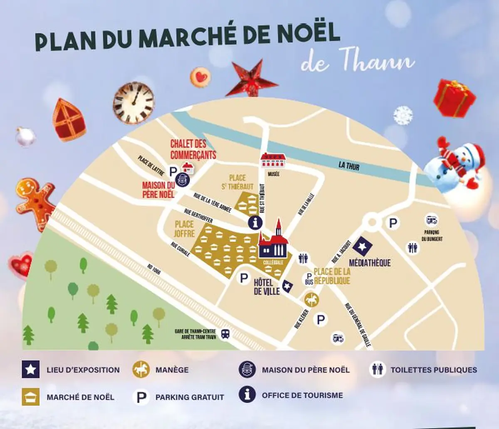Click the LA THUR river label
(x=348, y=166)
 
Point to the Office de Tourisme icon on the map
(x=256, y=222)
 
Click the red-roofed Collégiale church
(x=274, y=244)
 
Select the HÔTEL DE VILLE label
(x=267, y=287)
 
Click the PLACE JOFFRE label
(x=184, y=229)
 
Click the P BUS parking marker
(x=309, y=278)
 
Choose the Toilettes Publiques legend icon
(x=378, y=369)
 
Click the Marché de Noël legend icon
(x=31, y=397)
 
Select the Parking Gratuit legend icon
(x=141, y=397)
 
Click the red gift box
(x=454, y=98)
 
